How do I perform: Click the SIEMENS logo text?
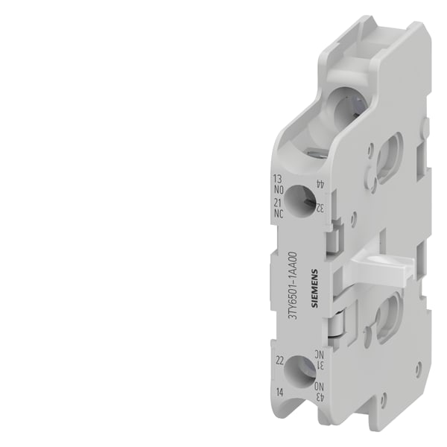[314, 288]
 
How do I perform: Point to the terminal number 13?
[277, 179]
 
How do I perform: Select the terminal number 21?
[278, 203]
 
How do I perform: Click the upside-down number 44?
[320, 184]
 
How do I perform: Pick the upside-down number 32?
[320, 209]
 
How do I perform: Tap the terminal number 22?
[280, 361]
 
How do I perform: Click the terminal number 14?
[280, 393]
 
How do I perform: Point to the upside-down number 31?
[320, 365]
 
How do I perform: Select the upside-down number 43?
[320, 396]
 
